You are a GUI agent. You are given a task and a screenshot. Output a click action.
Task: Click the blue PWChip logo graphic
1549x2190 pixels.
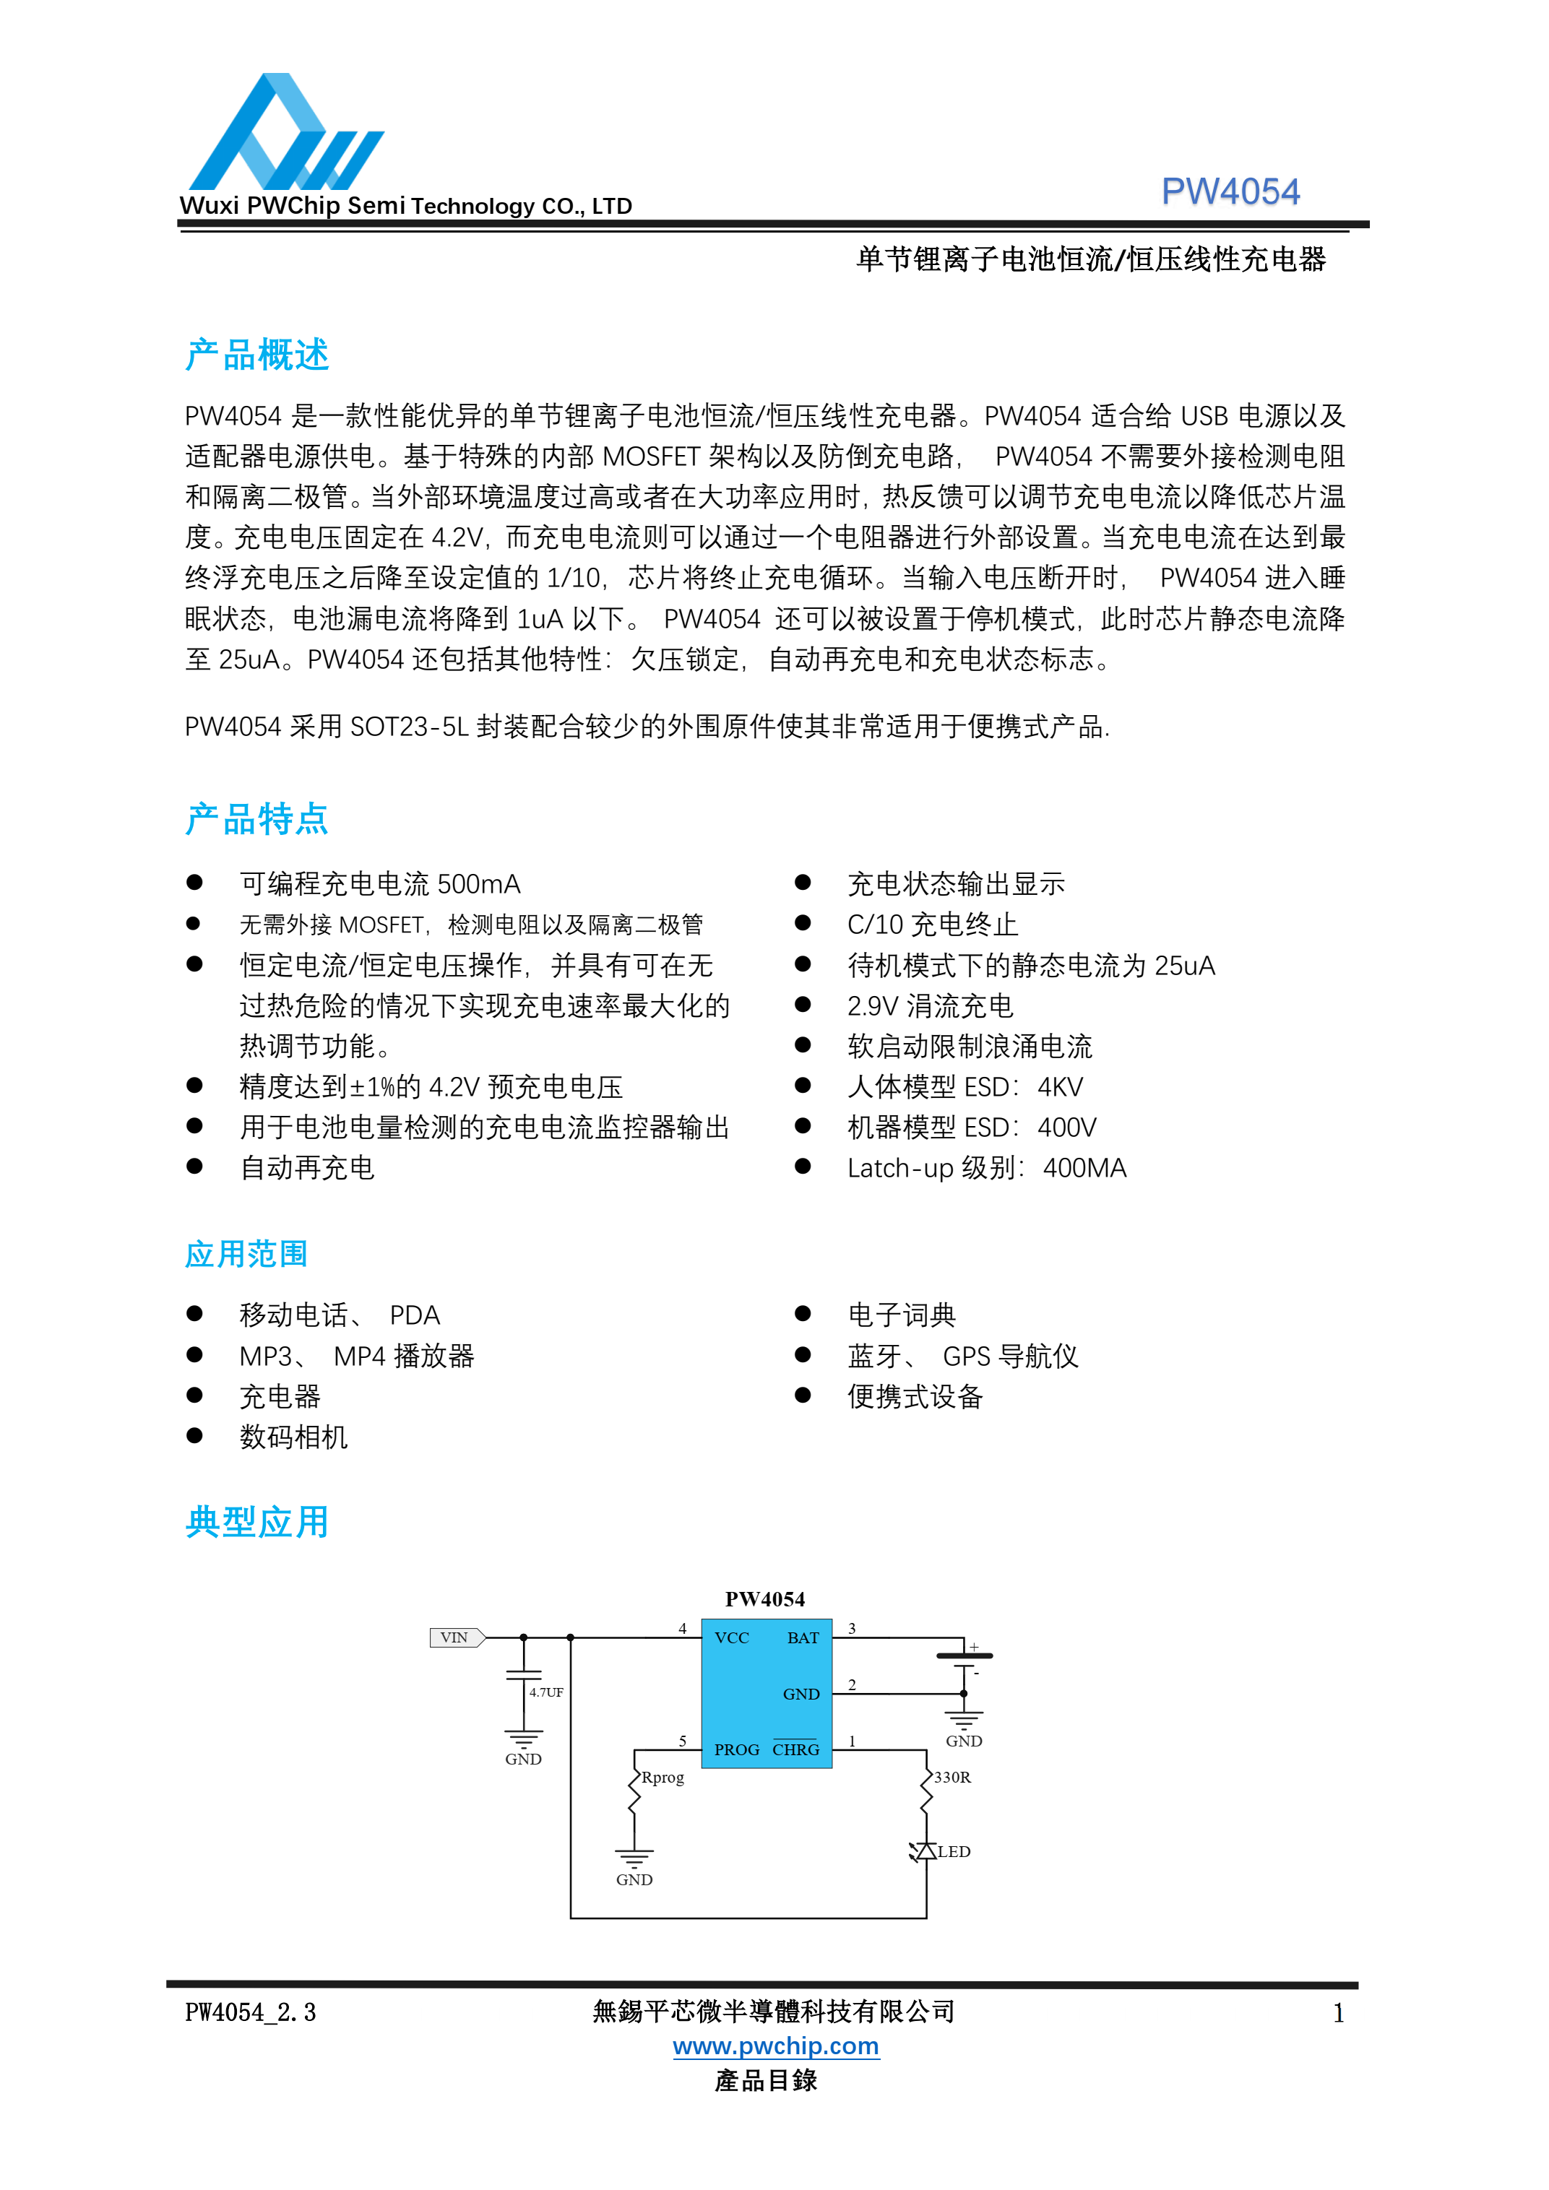[284, 134]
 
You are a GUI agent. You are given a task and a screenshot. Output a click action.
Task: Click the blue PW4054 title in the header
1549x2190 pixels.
[1230, 191]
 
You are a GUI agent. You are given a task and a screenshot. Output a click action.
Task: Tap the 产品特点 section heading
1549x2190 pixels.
[256, 819]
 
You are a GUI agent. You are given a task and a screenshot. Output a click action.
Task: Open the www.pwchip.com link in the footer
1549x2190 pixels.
[775, 2046]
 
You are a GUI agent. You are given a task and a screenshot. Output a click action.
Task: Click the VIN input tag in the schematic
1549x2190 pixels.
[456, 1637]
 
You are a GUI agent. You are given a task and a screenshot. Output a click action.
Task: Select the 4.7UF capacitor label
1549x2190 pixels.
[546, 1692]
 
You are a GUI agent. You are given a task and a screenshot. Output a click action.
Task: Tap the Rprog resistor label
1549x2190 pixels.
[663, 1778]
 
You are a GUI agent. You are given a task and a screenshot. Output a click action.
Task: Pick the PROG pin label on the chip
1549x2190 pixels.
[736, 1749]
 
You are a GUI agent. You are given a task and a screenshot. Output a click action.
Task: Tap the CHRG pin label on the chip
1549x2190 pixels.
[795, 1749]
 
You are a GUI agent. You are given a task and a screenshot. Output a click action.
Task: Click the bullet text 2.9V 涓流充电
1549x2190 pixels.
[930, 1006]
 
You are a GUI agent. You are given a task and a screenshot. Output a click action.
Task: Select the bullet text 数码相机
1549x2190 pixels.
[294, 1437]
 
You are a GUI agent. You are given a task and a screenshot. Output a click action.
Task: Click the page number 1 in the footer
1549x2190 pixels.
[1338, 2014]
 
